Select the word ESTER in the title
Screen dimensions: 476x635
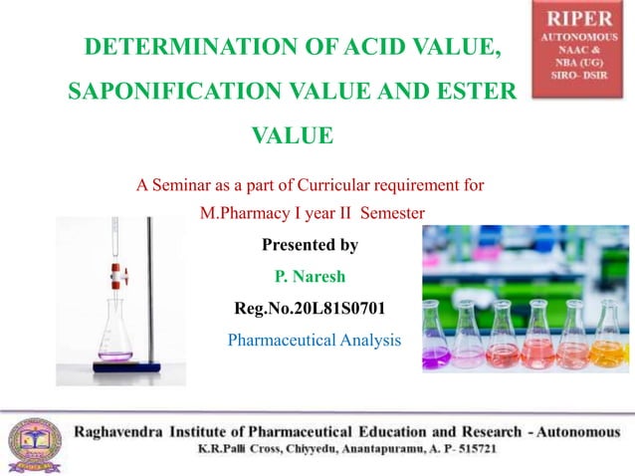(471, 92)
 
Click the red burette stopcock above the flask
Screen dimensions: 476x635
(116, 268)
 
